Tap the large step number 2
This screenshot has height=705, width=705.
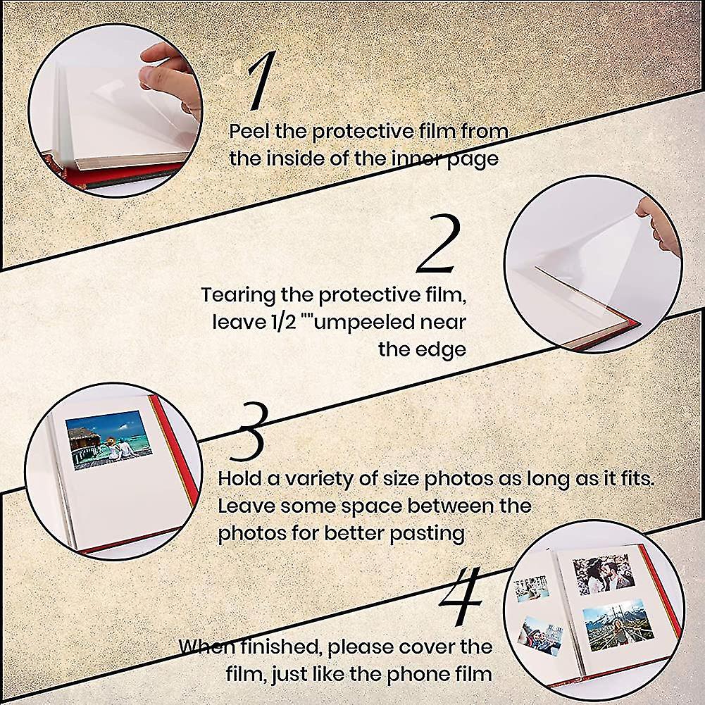pos(438,244)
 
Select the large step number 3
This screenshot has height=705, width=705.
pos(249,432)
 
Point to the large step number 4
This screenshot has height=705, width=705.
pos(461,596)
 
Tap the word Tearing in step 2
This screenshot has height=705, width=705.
pos(238,296)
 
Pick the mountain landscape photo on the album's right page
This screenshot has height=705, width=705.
pos(618,625)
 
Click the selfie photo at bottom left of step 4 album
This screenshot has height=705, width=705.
pos(540,635)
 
